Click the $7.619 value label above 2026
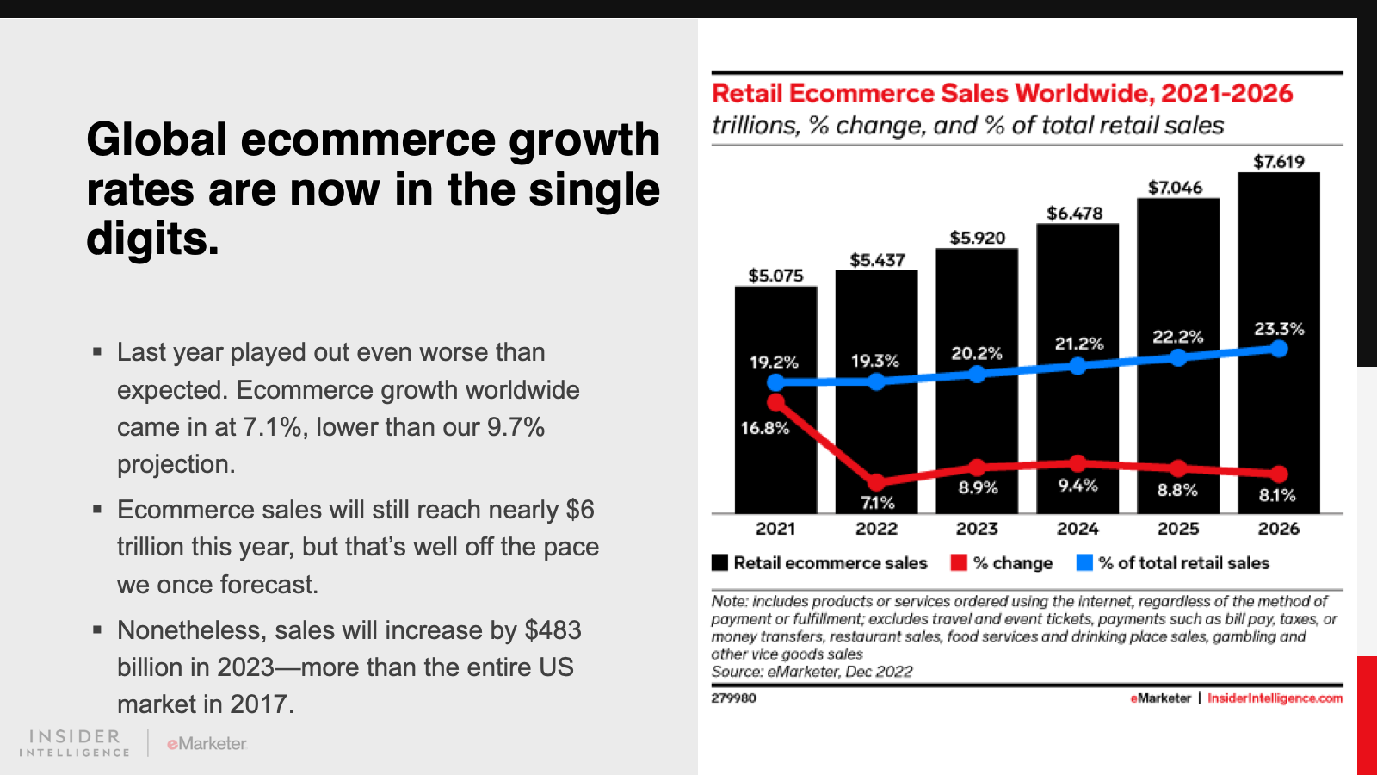pos(1279,162)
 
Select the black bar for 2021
pos(775,400)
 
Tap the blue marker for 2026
pos(1279,349)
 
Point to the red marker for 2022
pos(877,482)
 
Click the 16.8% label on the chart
pos(765,428)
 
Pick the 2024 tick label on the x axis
pos(1078,529)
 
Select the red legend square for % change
pos(959,563)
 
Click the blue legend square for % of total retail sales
pos(1084,563)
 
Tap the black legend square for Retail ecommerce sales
pos(719,563)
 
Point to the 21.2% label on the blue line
pos(1079,344)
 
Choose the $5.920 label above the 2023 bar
pos(978,238)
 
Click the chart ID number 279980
pos(733,698)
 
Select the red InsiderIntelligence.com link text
pos(1275,698)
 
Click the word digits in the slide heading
pos(153,239)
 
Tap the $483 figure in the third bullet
pos(553,629)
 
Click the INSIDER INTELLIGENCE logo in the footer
pos(74,743)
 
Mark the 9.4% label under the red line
pos(1078,486)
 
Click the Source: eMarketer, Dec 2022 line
pos(812,672)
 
